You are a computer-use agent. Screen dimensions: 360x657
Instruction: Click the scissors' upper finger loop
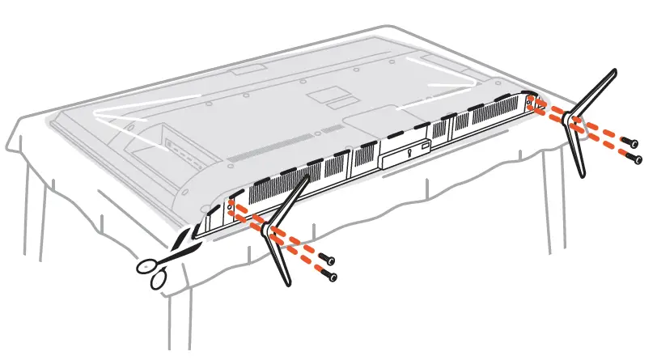coord(147,266)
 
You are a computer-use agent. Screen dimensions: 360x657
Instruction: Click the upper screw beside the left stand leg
coord(328,258)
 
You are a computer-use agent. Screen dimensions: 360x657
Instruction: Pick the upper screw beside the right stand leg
coord(629,142)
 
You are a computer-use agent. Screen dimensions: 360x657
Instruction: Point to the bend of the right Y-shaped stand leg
coord(574,121)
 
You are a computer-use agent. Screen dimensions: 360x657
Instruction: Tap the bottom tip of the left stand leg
coord(284,283)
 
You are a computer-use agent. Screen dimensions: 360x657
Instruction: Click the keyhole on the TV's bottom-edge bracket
coord(411,148)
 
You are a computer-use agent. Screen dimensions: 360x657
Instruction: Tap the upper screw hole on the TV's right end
coord(529,101)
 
